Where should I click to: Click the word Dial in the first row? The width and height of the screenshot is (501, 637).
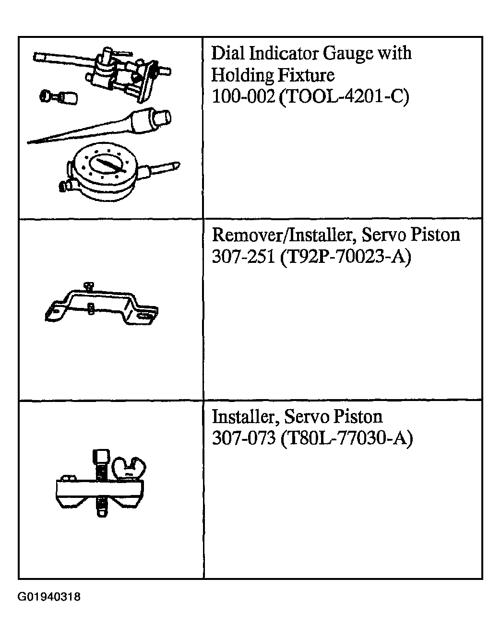(228, 54)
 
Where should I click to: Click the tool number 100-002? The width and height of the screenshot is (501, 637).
(243, 96)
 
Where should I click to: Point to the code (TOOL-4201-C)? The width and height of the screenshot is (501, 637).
(344, 97)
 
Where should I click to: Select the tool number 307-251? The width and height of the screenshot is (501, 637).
(243, 256)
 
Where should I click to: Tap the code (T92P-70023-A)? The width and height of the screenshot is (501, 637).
(346, 257)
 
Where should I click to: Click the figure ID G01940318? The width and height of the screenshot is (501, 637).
(49, 596)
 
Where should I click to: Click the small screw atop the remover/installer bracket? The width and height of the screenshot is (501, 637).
(88, 286)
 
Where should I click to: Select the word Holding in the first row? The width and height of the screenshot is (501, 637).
(243, 76)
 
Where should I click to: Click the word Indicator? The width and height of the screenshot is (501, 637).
(283, 54)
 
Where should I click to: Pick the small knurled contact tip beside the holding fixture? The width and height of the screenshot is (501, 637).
(59, 97)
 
